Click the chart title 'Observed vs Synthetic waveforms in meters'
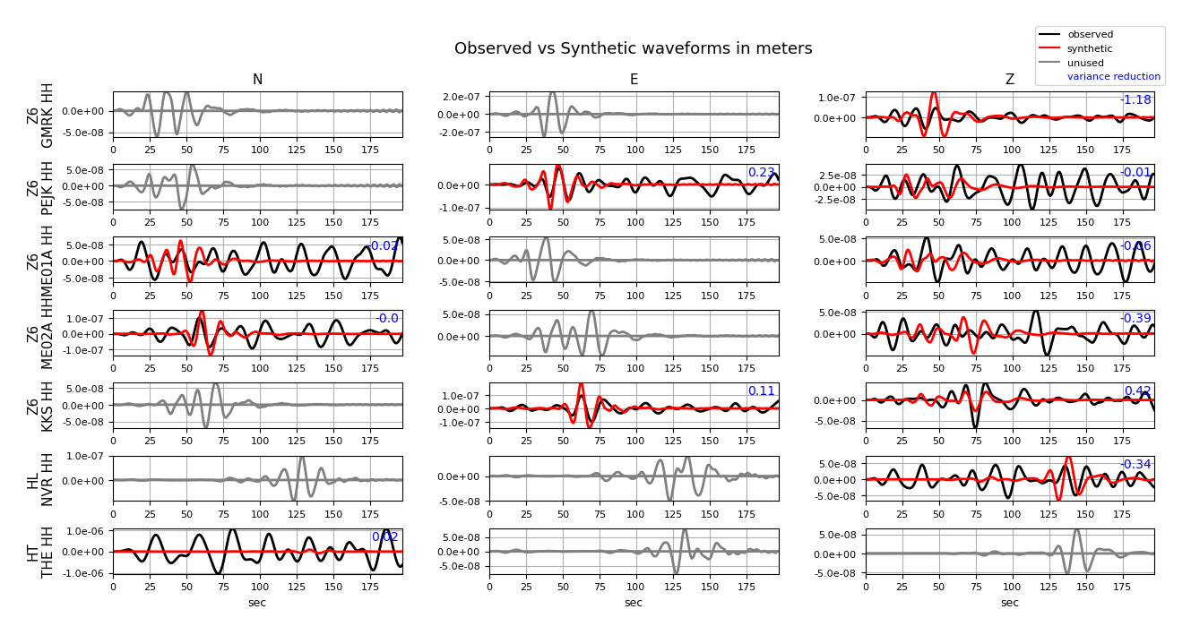click(x=633, y=48)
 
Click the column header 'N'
click(x=257, y=80)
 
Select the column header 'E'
click(x=634, y=80)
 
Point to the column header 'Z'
click(x=1010, y=80)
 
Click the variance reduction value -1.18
click(x=1135, y=100)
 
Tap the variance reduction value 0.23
click(x=761, y=173)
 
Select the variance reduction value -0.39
click(x=1135, y=319)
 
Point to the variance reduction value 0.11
click(x=761, y=391)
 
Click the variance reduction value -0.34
click(x=1135, y=464)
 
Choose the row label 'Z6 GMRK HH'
click(x=40, y=115)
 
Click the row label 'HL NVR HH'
click(x=40, y=479)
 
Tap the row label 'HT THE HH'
click(x=40, y=552)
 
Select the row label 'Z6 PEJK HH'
click(x=40, y=187)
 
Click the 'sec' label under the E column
click(x=634, y=603)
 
